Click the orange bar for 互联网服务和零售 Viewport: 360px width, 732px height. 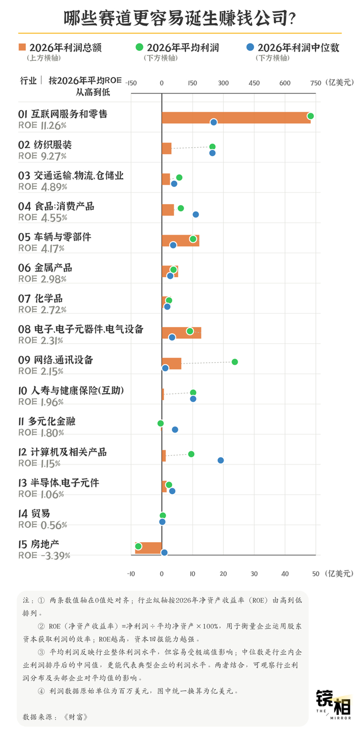(x=236, y=118)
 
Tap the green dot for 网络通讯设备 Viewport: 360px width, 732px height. (x=235, y=362)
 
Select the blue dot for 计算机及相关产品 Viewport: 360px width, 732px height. (x=221, y=460)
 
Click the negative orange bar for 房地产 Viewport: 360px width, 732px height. (x=149, y=548)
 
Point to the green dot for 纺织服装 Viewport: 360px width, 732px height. (x=212, y=147)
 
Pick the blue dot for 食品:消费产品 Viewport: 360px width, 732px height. (x=195, y=215)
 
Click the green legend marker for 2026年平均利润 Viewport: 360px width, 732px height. (x=139, y=47)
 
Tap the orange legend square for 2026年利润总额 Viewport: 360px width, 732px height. (x=22, y=47)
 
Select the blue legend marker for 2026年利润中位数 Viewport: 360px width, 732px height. (x=250, y=47)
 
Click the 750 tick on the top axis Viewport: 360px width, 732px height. (x=316, y=83)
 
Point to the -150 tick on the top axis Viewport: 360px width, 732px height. (x=131, y=83)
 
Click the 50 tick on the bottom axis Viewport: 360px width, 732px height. (x=316, y=574)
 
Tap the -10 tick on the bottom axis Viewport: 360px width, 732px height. (x=131, y=574)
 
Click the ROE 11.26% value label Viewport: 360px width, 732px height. (x=43, y=126)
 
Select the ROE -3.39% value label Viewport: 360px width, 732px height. (x=44, y=556)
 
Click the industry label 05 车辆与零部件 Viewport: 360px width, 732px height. (x=55, y=237)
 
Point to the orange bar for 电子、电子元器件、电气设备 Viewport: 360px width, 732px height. (x=182, y=333)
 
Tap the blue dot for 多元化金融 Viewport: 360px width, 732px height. (x=175, y=430)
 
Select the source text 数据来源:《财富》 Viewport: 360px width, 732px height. (x=55, y=717)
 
